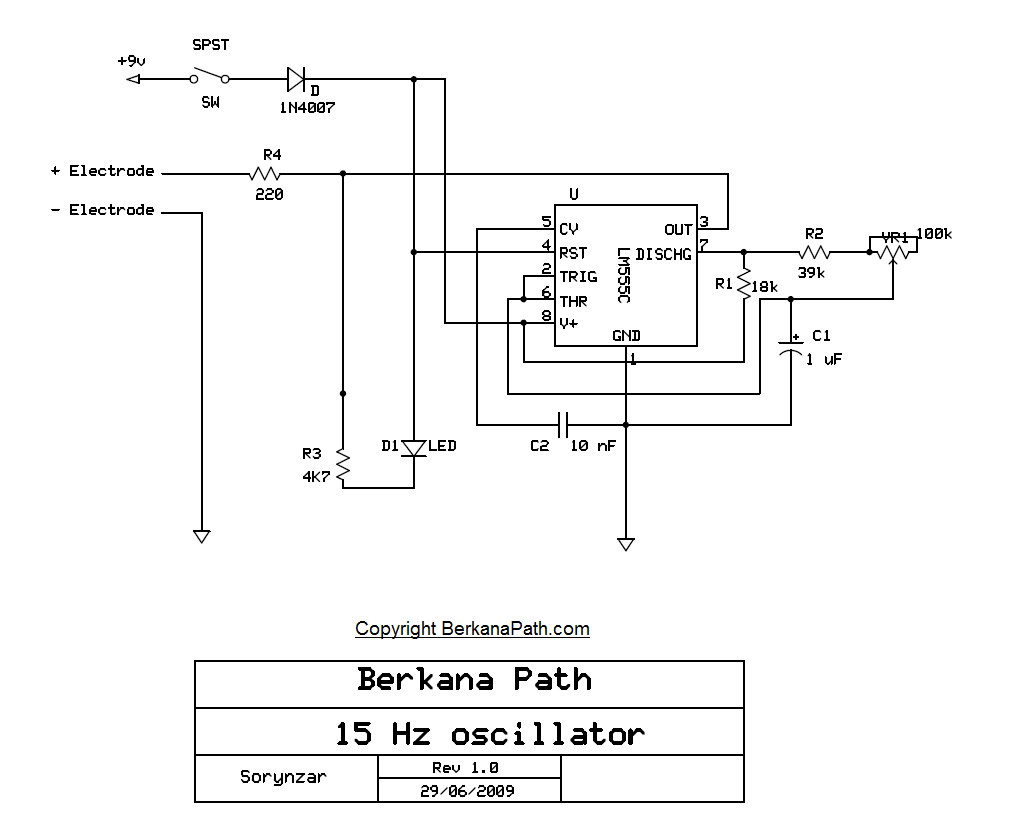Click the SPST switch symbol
click(x=210, y=76)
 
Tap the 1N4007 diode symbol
click(x=295, y=78)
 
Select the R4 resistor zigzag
click(x=265, y=174)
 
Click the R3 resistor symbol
click(x=343, y=466)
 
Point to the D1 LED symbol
click(x=414, y=447)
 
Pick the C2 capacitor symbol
click(x=563, y=424)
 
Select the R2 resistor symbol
click(x=815, y=252)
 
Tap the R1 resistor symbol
click(x=744, y=284)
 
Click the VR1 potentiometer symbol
click(x=892, y=252)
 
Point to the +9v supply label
click(x=131, y=61)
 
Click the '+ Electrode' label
click(x=102, y=171)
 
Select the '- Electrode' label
click(x=102, y=210)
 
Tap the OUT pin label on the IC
click(x=678, y=230)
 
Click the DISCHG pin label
click(x=663, y=254)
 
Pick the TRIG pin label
click(x=578, y=277)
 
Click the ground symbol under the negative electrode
click(x=201, y=536)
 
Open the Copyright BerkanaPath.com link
click(x=472, y=629)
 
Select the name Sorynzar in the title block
click(x=283, y=777)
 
